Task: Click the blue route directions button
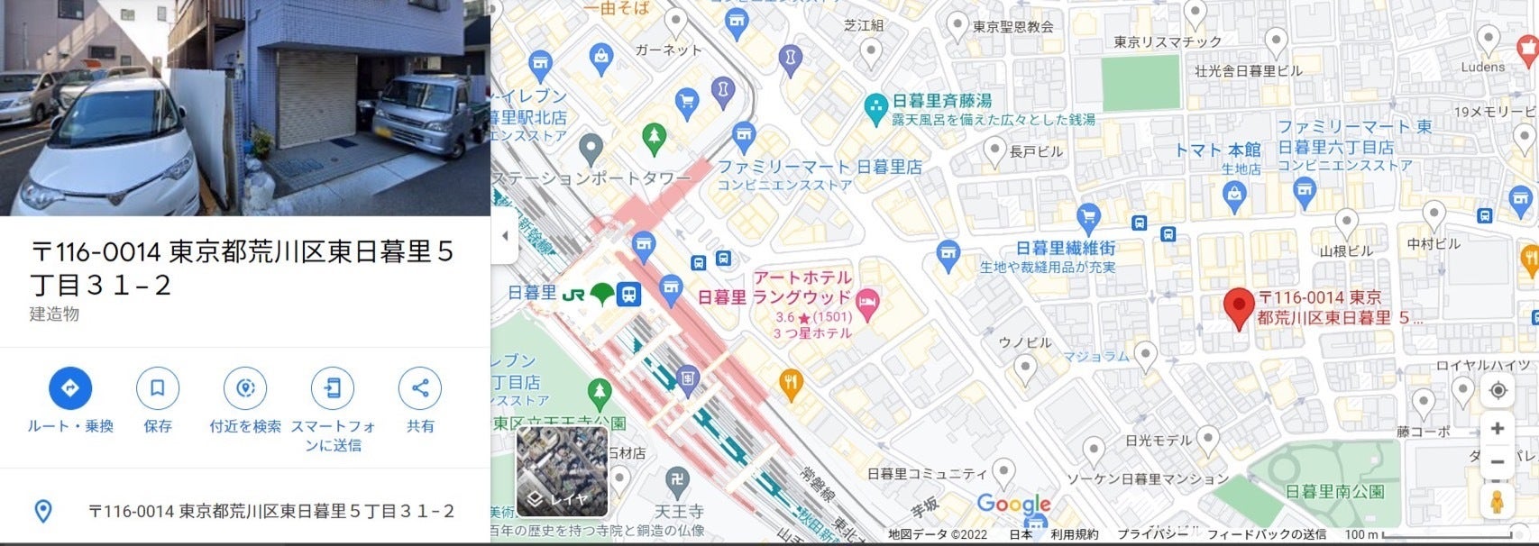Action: [x=70, y=388]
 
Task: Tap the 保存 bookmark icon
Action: [x=157, y=388]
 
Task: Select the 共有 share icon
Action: [x=420, y=388]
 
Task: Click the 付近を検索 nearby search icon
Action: [x=244, y=388]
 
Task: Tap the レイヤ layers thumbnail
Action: [x=562, y=471]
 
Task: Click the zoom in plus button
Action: [x=1498, y=429]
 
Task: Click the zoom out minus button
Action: [x=1498, y=461]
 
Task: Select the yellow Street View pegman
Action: [x=1498, y=501]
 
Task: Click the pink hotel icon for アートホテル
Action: [x=867, y=304]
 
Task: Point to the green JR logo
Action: [x=573, y=294]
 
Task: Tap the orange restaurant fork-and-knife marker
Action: [x=791, y=383]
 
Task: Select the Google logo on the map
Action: [x=1013, y=505]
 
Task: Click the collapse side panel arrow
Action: [x=505, y=236]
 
